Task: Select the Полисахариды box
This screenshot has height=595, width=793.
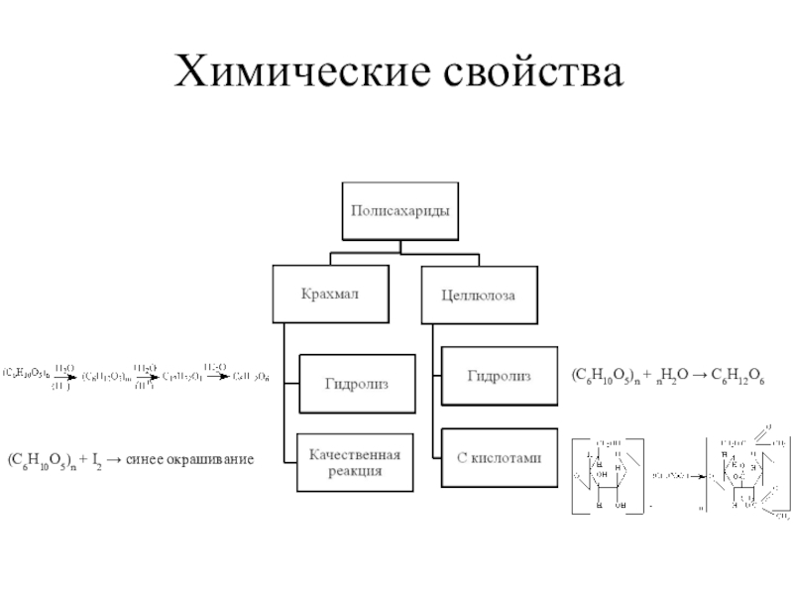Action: pos(401,210)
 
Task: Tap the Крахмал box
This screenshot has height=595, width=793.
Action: pos(330,294)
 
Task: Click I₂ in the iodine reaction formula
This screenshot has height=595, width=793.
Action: pos(96,460)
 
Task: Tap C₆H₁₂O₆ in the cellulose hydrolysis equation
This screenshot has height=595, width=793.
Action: pos(737,378)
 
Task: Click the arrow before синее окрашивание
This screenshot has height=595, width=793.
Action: pos(116,460)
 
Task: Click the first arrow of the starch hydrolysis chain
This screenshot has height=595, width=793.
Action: pos(64,377)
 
